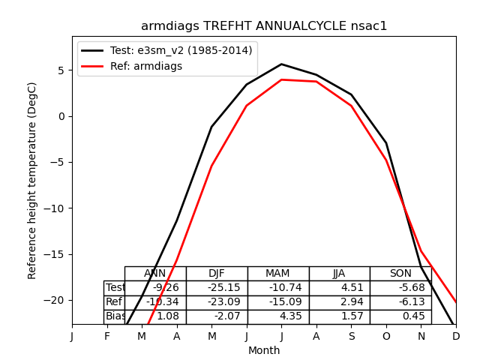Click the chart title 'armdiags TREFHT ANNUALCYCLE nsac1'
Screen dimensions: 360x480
click(264, 26)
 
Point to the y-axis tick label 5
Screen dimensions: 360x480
click(61, 70)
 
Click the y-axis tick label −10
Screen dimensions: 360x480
click(55, 208)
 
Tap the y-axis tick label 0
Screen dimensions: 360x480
click(61, 116)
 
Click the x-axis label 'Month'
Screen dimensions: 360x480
click(264, 350)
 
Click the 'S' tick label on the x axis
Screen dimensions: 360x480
click(351, 337)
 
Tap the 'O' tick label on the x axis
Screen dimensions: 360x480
click(386, 337)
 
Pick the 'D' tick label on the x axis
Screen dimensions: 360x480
click(456, 337)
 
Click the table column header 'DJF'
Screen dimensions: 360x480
click(217, 274)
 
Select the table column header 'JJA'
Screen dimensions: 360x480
click(339, 274)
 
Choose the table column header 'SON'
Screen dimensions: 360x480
click(400, 274)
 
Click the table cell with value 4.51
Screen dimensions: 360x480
click(339, 288)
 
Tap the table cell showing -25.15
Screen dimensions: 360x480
click(217, 288)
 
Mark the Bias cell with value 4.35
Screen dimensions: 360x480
click(278, 316)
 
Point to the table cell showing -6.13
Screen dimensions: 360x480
click(400, 302)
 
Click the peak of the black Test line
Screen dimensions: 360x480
click(281, 64)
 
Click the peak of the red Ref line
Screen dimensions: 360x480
click(281, 79)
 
